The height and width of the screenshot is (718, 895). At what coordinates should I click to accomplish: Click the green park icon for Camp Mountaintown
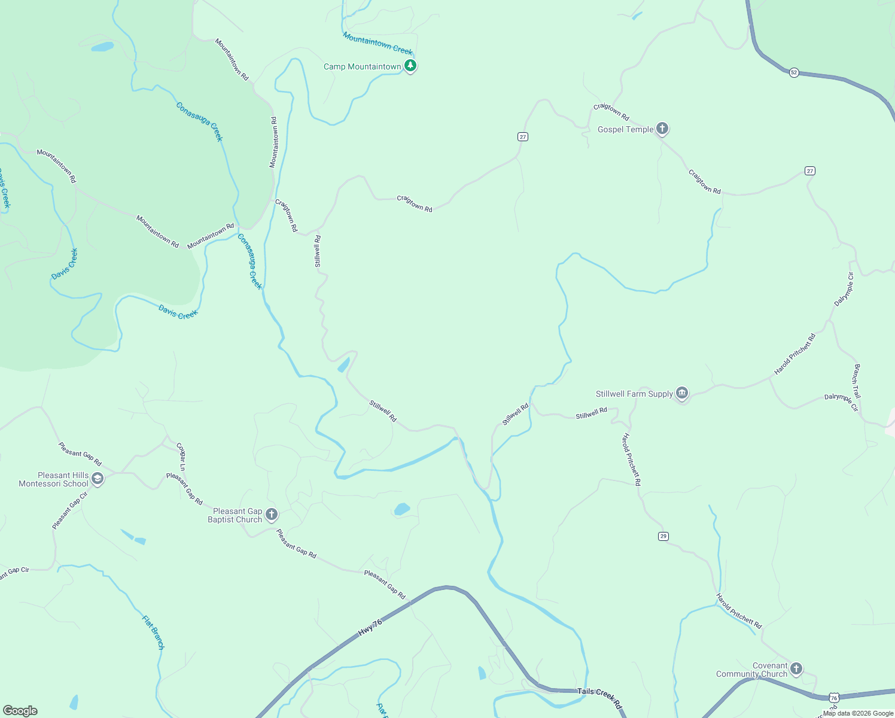[x=410, y=66]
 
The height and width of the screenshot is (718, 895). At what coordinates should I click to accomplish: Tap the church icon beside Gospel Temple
[x=662, y=128]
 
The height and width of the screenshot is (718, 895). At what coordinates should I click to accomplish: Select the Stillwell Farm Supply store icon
[x=682, y=393]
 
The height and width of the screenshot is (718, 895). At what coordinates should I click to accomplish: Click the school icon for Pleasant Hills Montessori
[x=98, y=479]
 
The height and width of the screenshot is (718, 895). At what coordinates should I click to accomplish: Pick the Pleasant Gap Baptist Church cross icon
[x=272, y=515]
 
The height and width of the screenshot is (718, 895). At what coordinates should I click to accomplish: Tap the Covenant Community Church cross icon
[x=796, y=668]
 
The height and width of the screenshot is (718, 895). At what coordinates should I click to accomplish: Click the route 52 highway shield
[x=794, y=72]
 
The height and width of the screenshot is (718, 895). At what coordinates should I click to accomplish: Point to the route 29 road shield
[x=663, y=536]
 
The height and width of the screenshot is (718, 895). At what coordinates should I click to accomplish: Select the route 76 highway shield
[x=834, y=698]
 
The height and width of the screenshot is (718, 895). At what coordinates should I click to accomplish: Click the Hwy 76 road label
[x=370, y=628]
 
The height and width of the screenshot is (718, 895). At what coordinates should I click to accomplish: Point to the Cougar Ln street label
[x=181, y=457]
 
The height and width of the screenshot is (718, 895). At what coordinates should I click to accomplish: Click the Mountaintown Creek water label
[x=378, y=44]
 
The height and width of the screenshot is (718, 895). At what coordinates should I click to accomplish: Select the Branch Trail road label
[x=857, y=381]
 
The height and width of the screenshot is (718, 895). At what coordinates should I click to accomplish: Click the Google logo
[x=20, y=711]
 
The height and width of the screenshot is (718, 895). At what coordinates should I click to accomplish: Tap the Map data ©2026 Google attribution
[x=858, y=713]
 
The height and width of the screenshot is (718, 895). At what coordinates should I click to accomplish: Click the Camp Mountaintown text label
[x=362, y=66]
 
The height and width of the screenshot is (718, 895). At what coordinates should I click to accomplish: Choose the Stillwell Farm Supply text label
[x=634, y=394]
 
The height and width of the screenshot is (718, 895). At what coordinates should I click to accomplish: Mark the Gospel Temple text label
[x=625, y=129]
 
